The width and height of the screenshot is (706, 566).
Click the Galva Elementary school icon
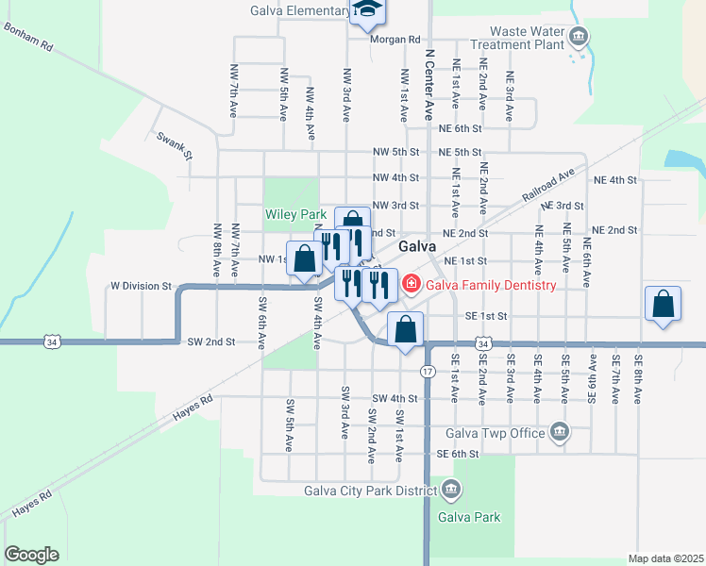tap(367, 11)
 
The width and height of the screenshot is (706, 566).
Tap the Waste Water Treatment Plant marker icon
tap(579, 38)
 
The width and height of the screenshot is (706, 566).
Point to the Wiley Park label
tap(295, 215)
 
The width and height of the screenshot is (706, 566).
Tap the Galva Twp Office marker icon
tap(560, 433)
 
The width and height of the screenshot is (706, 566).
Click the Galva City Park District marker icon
tap(451, 490)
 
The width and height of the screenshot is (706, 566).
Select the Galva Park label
tap(469, 517)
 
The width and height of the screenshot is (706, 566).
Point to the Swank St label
tap(175, 146)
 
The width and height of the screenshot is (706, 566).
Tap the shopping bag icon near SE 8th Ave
tap(664, 304)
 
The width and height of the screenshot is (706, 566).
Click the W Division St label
tap(142, 285)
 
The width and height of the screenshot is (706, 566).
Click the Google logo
tap(31, 555)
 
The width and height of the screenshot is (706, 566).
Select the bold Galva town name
tap(416, 245)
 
